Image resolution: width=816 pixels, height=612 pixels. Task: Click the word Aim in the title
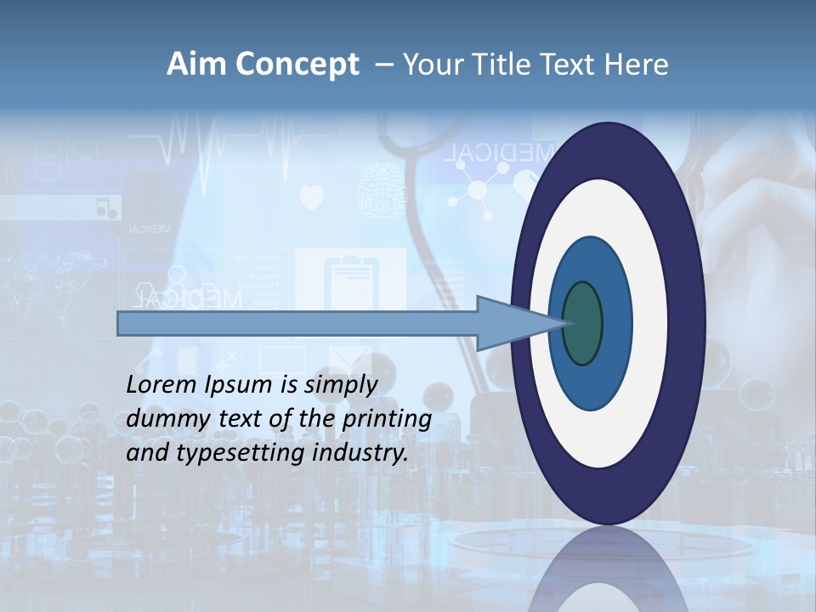(195, 65)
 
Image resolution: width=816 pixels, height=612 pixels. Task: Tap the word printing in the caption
(386, 419)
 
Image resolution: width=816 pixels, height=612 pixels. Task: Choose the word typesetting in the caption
(242, 454)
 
